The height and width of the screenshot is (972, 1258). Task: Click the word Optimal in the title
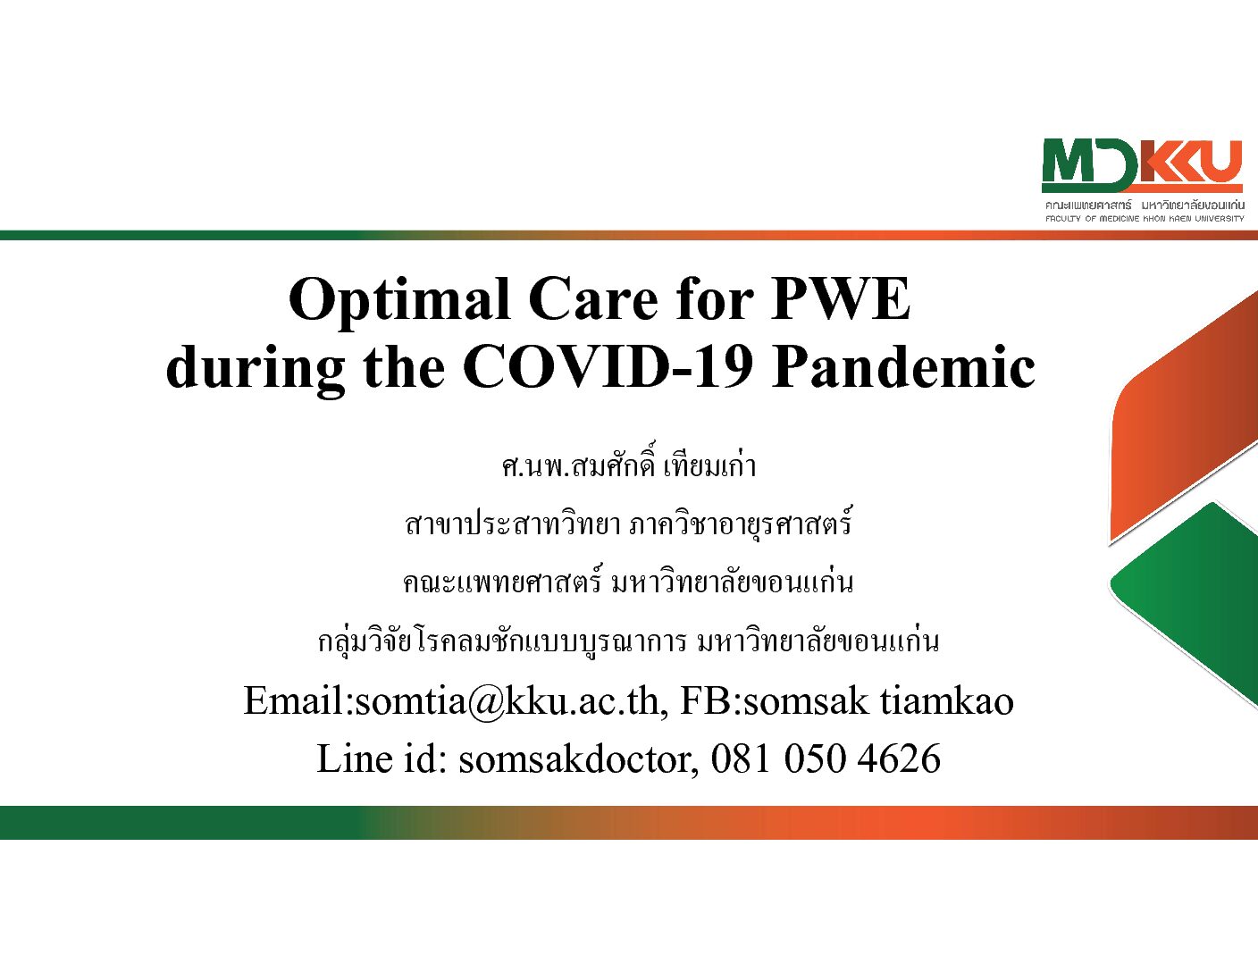(398, 301)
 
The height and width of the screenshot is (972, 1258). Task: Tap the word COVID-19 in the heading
(608, 367)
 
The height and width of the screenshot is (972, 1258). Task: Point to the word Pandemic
(903, 367)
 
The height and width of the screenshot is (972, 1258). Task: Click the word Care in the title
(593, 299)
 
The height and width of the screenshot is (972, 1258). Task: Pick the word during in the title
(256, 370)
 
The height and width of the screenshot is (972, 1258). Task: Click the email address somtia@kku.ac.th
(507, 701)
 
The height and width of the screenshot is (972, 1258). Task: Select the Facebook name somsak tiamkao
(878, 701)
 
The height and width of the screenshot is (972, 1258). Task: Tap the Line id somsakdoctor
(575, 759)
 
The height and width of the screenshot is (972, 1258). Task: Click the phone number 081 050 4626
(826, 759)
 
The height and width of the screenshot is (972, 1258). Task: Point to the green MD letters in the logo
(1089, 166)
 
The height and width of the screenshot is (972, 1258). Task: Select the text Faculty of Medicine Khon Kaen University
(1145, 219)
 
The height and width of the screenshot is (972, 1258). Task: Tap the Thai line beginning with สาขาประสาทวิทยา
(629, 524)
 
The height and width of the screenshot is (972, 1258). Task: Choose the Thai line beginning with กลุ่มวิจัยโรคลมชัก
(629, 641)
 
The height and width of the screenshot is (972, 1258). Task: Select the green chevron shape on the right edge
(1187, 603)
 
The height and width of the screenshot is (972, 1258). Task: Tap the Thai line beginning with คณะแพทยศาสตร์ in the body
(629, 582)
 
